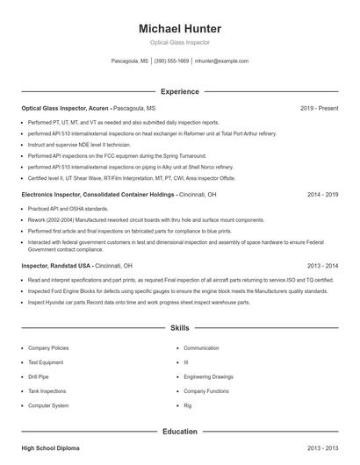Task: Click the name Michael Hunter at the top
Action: [x=179, y=28]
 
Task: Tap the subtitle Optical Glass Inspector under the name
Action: [x=179, y=42]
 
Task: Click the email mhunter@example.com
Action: [x=221, y=61]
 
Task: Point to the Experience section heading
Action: [x=179, y=91]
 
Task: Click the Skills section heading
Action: [x=179, y=327]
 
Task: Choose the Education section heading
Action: [x=179, y=432]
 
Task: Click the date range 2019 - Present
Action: [x=319, y=108]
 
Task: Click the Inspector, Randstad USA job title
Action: [x=56, y=265]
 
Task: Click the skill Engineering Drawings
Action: [x=208, y=376]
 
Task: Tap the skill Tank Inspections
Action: [x=47, y=391]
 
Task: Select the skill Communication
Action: [x=201, y=347]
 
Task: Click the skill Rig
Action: [x=187, y=406]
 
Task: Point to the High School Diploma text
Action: [x=50, y=448]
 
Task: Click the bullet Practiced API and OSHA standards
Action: [x=68, y=209]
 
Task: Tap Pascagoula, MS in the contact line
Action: [x=130, y=61]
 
